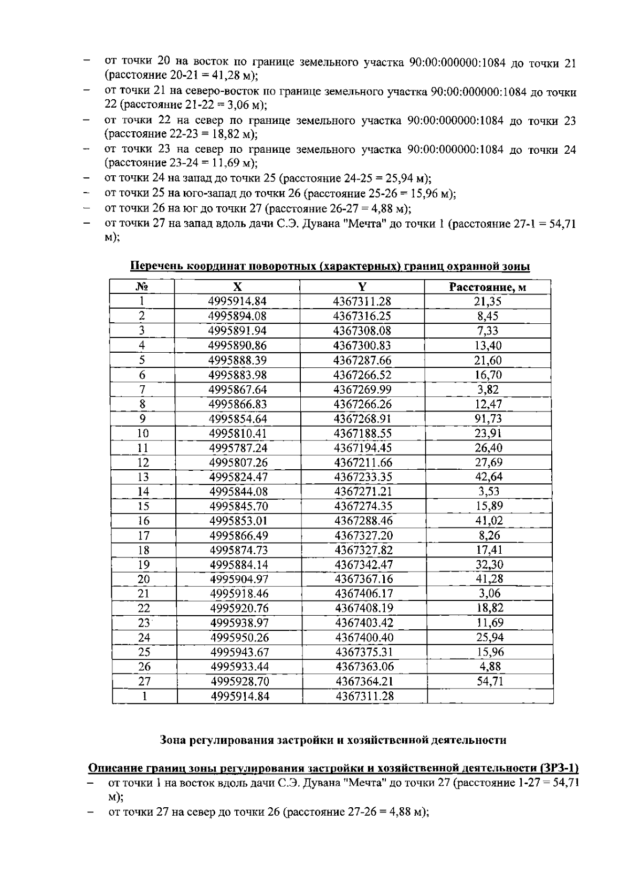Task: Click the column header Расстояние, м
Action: [487, 287]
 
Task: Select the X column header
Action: [237, 287]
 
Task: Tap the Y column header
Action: [362, 287]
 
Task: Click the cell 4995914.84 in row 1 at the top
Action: [237, 301]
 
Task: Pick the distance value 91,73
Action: [488, 418]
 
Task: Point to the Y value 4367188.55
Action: [362, 433]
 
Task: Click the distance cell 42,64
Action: [488, 477]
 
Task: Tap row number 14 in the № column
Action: [143, 492]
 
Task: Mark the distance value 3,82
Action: [488, 389]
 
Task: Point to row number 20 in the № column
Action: [143, 579]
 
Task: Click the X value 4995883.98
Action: [238, 375]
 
